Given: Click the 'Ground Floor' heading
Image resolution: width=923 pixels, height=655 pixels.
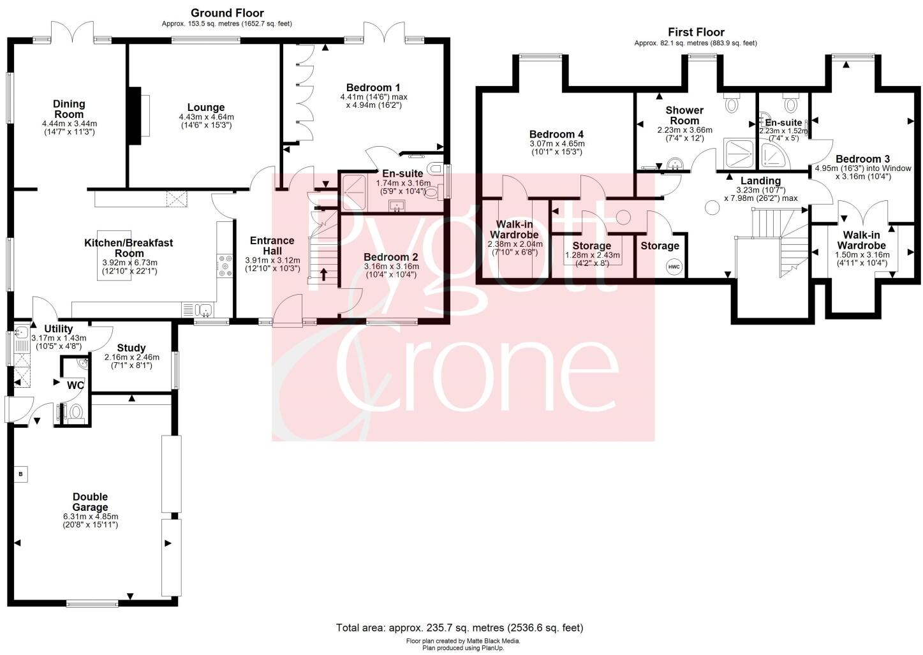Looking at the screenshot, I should (227, 13).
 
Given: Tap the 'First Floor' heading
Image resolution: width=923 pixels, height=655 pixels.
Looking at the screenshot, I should (696, 32).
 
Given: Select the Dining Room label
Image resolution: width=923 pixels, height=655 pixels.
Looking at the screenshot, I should (69, 109).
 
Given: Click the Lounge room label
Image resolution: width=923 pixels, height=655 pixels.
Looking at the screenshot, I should (206, 108).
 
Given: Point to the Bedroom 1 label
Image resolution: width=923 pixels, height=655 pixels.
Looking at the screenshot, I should (373, 87).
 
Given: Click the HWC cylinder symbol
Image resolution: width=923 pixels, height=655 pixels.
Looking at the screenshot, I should (674, 267).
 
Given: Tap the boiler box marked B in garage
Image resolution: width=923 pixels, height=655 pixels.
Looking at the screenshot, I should (21, 474).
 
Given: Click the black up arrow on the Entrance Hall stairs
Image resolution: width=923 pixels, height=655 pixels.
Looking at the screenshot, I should (324, 275).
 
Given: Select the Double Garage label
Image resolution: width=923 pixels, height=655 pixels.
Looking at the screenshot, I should (90, 502).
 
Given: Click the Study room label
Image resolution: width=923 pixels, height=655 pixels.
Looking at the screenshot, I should (131, 348).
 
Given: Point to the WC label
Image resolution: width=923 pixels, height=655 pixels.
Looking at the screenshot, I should (75, 385).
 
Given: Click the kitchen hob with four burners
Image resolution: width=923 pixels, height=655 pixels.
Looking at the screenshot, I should (225, 265).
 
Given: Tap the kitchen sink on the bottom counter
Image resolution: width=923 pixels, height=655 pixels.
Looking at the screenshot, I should (204, 311).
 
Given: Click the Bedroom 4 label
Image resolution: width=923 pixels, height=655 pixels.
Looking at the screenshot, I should (556, 135).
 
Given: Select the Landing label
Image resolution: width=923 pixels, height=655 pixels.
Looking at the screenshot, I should (760, 180).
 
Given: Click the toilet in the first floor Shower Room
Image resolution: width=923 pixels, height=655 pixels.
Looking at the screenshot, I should (731, 103).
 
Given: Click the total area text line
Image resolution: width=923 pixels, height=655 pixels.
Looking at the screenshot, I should (459, 628).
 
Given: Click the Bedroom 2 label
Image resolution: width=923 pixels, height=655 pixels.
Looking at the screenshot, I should (390, 258).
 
